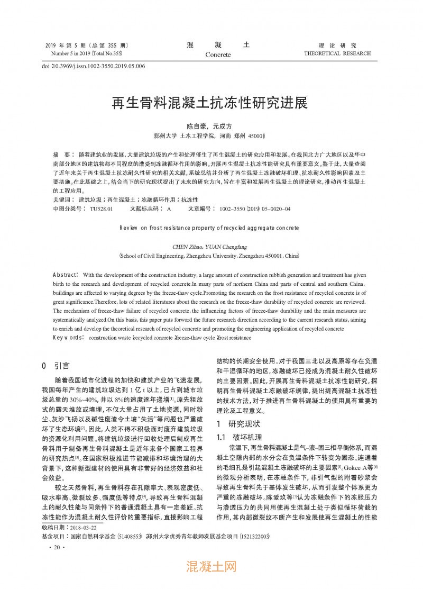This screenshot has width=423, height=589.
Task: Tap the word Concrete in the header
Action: point(218,55)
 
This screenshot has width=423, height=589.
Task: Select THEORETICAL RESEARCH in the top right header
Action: point(337,53)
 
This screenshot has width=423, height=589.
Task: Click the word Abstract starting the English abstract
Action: point(66,275)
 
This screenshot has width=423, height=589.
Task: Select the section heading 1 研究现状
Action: point(238,423)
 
